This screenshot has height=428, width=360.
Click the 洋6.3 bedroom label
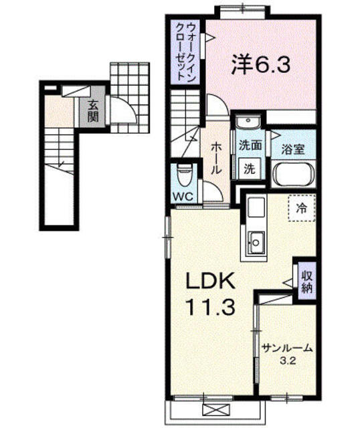click(x=260, y=65)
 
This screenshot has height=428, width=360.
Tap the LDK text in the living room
click(x=210, y=280)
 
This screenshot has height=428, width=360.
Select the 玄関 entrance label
click(x=93, y=112)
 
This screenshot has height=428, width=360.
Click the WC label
click(x=184, y=197)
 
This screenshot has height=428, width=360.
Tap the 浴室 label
click(x=293, y=149)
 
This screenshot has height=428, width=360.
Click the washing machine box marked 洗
click(x=250, y=169)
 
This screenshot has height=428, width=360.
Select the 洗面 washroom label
click(x=250, y=145)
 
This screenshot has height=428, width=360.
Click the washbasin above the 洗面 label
click(x=248, y=122)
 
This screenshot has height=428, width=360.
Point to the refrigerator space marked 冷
click(x=302, y=208)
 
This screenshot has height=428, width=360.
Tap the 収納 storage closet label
click(x=307, y=283)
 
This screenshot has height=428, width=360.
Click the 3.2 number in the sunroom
click(x=288, y=361)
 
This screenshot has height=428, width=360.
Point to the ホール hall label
click(x=216, y=158)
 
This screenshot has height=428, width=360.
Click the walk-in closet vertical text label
click(x=186, y=51)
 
